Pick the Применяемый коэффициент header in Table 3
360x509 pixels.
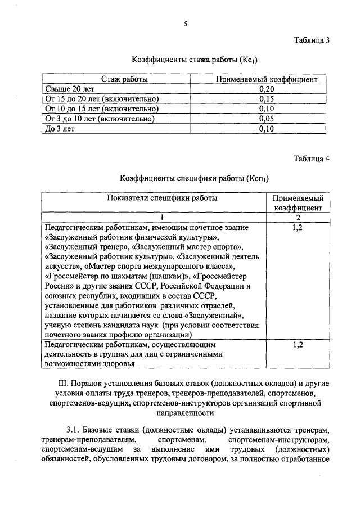[x=267, y=79]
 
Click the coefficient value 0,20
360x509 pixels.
[x=267, y=89]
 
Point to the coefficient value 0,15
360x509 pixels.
[x=267, y=99]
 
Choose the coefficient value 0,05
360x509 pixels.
[x=267, y=119]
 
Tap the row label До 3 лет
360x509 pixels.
[x=59, y=129]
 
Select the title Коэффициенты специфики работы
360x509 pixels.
[x=193, y=178]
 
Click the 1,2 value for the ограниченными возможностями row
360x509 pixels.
[x=298, y=345]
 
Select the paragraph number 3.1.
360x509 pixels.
[x=75, y=429]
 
